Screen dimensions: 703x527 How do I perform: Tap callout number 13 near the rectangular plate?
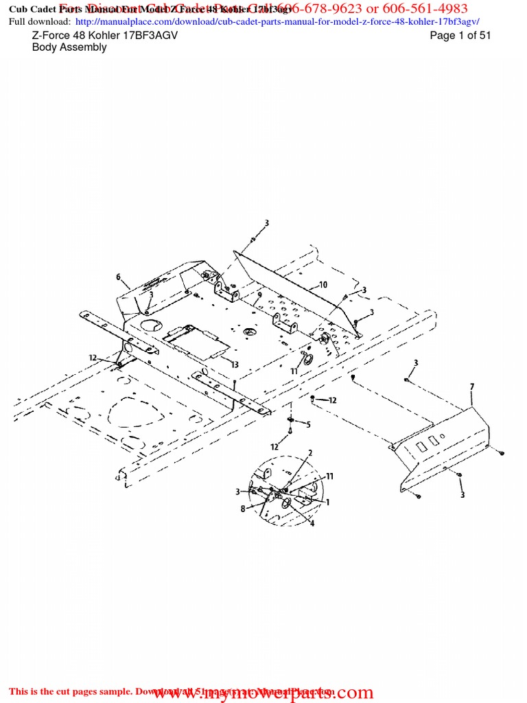coord(235,365)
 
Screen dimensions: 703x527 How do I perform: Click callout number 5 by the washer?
coord(308,425)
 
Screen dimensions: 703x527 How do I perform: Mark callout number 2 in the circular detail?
coord(310,453)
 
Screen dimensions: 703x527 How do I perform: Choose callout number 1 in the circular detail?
coord(327,502)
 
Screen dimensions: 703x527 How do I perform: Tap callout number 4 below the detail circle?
coord(312,524)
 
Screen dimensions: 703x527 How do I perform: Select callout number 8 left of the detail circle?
coord(243,509)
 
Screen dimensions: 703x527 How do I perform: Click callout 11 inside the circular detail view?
coord(329,476)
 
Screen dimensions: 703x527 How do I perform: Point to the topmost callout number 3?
coord(267,223)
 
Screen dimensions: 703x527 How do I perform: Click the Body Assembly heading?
coord(69,47)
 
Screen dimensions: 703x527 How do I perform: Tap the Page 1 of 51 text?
coord(460,36)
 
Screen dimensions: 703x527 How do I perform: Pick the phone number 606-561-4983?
coord(426,8)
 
